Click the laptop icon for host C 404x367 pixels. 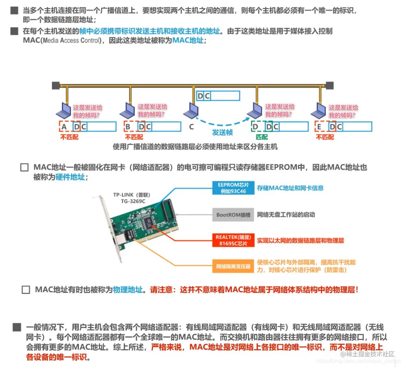191,111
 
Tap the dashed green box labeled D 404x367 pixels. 257,127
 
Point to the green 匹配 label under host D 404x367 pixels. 261,137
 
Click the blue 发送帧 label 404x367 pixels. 222,132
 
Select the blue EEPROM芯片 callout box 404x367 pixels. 233,188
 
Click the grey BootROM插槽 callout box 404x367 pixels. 233,215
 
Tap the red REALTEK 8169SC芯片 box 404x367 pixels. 233,240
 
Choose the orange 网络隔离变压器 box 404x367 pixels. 233,266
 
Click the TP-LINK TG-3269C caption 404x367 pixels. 132,198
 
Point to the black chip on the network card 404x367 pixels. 147,221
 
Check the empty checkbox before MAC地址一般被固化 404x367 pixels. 25,167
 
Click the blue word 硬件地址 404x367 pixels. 70,177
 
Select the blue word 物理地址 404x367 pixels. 128,290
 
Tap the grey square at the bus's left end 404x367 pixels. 56,86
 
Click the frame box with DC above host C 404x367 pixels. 218,96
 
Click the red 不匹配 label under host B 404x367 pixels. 134,137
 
